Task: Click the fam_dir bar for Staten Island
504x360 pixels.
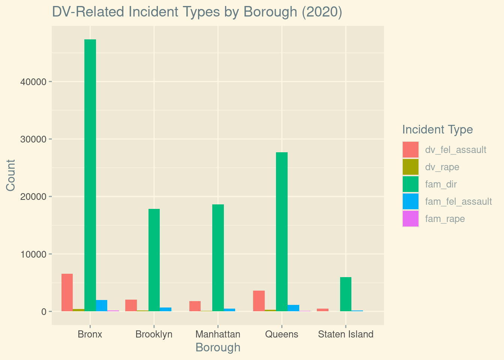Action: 345,294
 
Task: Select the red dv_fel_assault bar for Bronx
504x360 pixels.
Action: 67,292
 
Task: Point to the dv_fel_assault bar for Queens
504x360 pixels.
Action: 259,301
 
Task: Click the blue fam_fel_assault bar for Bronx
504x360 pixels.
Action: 102,306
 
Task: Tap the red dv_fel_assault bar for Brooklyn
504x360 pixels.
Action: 131,305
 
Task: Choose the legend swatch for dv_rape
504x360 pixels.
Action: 410,167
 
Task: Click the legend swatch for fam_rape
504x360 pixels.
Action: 410,219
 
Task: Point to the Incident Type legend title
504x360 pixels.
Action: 437,130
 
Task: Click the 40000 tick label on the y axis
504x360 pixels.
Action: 33,82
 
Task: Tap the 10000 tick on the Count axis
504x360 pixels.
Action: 33,254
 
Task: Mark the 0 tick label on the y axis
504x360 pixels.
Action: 44,312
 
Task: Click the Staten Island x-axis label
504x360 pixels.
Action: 345,334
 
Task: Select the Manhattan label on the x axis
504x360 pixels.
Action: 218,334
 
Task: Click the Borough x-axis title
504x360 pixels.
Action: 218,348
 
